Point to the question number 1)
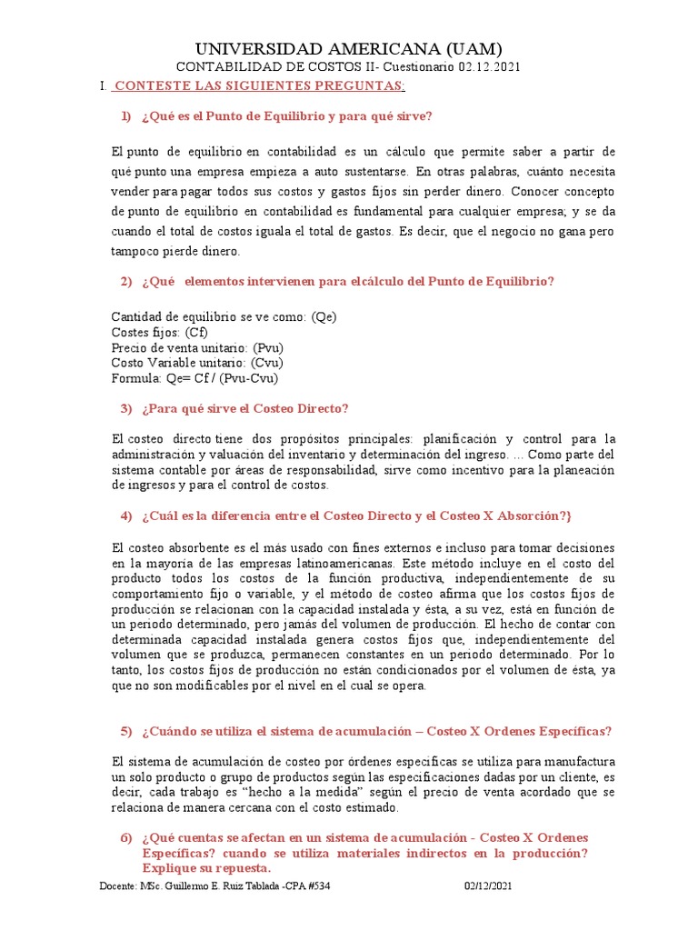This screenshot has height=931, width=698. (x=126, y=116)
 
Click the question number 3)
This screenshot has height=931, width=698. (x=126, y=408)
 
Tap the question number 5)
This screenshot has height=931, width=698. (x=126, y=732)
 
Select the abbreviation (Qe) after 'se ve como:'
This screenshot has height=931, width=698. (x=324, y=317)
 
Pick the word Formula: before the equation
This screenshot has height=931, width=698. (x=137, y=378)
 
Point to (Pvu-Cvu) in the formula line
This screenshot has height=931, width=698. (x=244, y=378)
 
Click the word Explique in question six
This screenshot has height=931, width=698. (x=168, y=868)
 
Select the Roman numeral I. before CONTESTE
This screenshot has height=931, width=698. (x=103, y=85)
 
